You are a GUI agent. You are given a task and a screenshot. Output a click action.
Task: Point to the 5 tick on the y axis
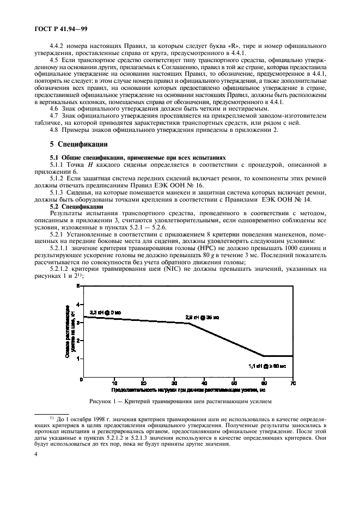point(78,286)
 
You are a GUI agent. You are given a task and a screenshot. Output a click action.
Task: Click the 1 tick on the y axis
point(78,359)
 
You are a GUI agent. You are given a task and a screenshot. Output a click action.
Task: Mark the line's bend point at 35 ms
point(189,324)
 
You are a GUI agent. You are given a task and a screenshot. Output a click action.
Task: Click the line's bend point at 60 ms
point(264,356)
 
